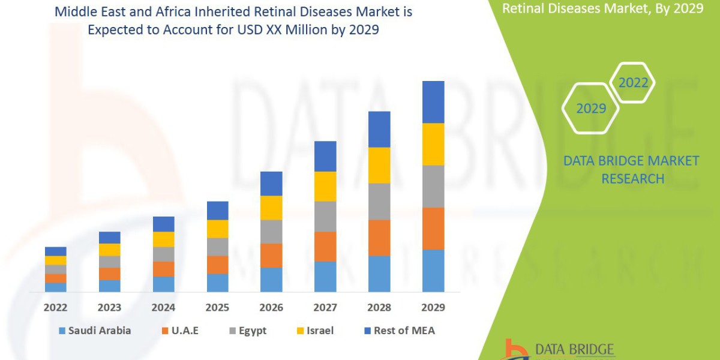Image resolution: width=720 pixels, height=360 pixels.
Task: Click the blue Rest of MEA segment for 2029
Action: pyautogui.click(x=433, y=102)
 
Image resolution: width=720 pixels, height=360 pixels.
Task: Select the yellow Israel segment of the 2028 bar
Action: pyautogui.click(x=379, y=165)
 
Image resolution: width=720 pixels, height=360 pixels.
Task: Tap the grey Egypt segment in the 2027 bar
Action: pyautogui.click(x=325, y=216)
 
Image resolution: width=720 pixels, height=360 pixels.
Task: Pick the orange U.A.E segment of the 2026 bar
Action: pyautogui.click(x=271, y=255)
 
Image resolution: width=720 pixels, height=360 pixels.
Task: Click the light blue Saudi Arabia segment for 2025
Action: pyautogui.click(x=217, y=283)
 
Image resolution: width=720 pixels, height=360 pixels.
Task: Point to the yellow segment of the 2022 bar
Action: pyautogui.click(x=55, y=260)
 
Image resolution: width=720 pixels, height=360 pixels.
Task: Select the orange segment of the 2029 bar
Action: pyautogui.click(x=433, y=229)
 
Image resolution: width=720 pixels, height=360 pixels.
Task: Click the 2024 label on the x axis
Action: pyautogui.click(x=163, y=307)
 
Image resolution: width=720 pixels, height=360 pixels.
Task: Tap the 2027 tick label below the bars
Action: pyautogui.click(x=325, y=307)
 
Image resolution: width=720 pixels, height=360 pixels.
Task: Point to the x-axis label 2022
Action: pyautogui.click(x=55, y=307)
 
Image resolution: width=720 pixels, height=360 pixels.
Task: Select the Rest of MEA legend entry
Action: pyautogui.click(x=398, y=331)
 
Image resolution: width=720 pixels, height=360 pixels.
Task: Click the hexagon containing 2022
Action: pyautogui.click(x=633, y=83)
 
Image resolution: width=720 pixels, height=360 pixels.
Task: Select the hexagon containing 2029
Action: pyautogui.click(x=590, y=109)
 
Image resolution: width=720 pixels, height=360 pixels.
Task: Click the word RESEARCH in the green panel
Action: pyautogui.click(x=632, y=179)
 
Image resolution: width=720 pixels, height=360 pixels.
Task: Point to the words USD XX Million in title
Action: pyautogui.click(x=263, y=29)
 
